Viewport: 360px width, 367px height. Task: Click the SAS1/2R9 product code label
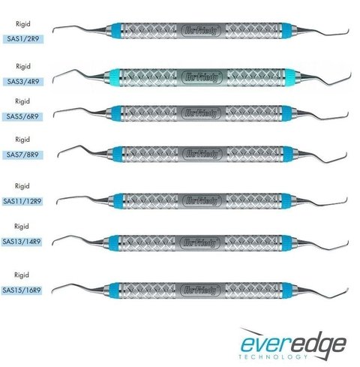click(x=23, y=39)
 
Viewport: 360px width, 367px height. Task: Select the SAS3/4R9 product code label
click(x=23, y=82)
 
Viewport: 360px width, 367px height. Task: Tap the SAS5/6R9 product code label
click(x=22, y=116)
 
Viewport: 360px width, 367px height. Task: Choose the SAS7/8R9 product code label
click(x=22, y=155)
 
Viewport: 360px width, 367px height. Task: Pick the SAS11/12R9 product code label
click(x=22, y=201)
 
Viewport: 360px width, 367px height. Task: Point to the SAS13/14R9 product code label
click(x=22, y=242)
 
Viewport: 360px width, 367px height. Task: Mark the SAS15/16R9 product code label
click(x=22, y=290)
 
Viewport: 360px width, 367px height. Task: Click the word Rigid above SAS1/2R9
click(x=23, y=24)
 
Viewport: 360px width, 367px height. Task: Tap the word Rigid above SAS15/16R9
click(x=22, y=275)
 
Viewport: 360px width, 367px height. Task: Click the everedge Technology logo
click(x=293, y=344)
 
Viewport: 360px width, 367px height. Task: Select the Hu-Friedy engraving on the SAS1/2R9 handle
click(x=201, y=31)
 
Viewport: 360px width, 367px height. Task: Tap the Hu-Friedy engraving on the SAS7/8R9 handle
click(x=202, y=154)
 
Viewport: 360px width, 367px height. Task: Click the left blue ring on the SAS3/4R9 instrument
click(x=115, y=77)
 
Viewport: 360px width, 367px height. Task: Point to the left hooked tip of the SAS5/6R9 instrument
click(x=54, y=115)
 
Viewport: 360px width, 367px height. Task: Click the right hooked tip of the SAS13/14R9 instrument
click(x=347, y=243)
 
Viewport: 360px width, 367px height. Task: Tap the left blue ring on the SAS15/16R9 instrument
click(x=114, y=290)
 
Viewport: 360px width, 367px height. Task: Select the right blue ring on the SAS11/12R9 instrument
click(x=286, y=201)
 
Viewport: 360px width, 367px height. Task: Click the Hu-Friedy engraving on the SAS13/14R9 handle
click(x=201, y=242)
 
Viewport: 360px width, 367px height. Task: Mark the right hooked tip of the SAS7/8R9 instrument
click(x=345, y=155)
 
